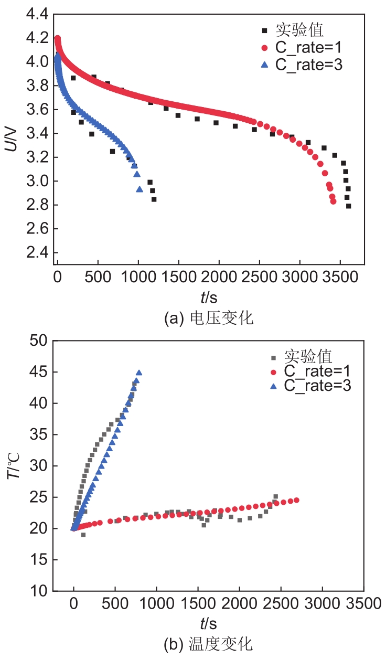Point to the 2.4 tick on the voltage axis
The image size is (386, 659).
[x=36, y=253]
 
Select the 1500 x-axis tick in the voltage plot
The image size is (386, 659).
[x=179, y=277]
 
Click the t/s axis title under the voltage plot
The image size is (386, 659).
[x=209, y=297]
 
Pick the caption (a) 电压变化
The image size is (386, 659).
[x=209, y=318]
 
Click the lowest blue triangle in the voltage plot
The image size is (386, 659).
[x=140, y=189]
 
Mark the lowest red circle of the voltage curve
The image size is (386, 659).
[x=333, y=201]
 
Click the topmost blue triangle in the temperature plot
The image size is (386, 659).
[x=139, y=373]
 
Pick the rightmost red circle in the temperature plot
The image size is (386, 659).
[x=296, y=500]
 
